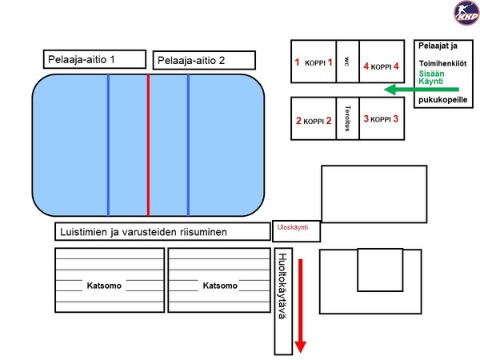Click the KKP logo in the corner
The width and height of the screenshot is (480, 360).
click(466, 13)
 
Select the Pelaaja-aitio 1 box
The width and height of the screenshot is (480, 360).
click(94, 59)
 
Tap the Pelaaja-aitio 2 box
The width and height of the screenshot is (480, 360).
click(204, 60)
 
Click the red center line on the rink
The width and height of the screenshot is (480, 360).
click(148, 145)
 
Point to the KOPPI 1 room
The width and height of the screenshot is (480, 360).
click(314, 62)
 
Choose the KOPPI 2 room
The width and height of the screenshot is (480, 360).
click(314, 118)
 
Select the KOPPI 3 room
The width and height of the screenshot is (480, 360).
click(382, 118)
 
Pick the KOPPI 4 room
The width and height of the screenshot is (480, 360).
click(382, 62)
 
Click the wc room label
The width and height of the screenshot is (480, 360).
click(347, 62)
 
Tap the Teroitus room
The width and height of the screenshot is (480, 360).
click(347, 118)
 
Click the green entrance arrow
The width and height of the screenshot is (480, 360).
click(422, 90)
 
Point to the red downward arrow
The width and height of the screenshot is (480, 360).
click(300, 306)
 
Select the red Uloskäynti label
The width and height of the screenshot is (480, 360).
click(293, 227)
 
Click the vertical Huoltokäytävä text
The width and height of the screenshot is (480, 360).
click(282, 286)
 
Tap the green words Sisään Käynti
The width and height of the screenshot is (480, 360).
click(431, 78)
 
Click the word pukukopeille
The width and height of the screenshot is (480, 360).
click(442, 100)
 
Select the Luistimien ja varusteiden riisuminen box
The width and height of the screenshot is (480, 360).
click(162, 231)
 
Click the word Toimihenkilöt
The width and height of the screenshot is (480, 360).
click(442, 64)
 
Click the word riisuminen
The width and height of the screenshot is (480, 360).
click(203, 232)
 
